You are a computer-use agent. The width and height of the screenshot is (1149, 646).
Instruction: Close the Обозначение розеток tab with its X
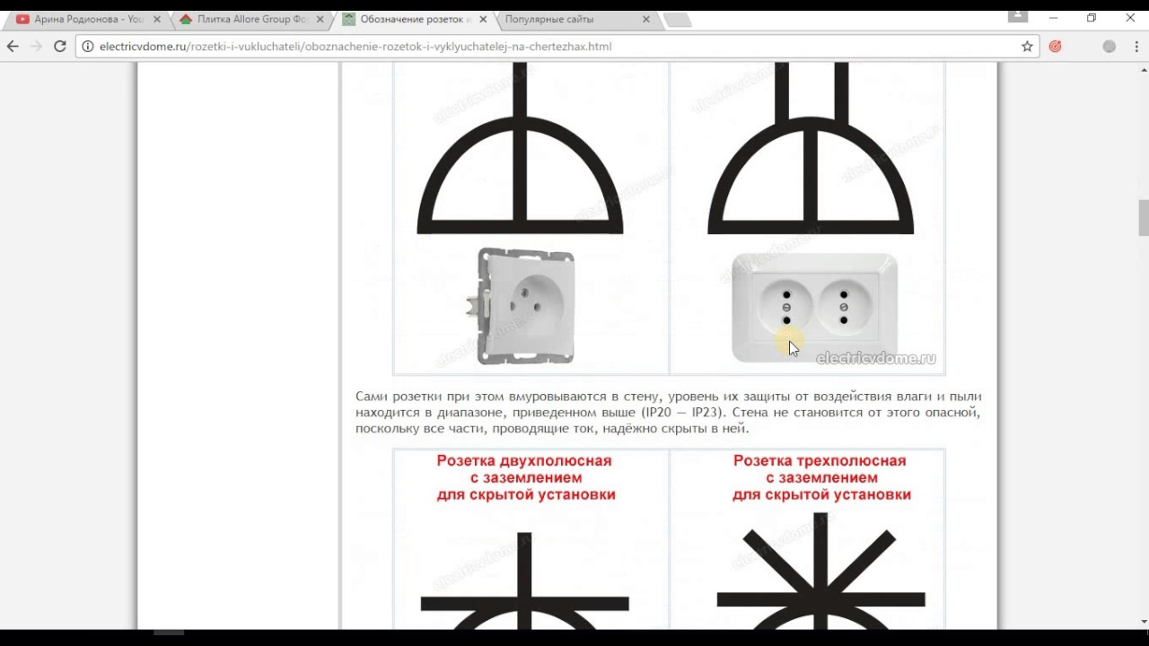click(x=483, y=20)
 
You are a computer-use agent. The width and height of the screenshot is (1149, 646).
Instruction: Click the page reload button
click(x=59, y=47)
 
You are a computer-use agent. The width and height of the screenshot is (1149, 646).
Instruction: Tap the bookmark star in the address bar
click(x=1027, y=47)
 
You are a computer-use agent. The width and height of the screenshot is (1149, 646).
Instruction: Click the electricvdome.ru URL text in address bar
click(x=355, y=47)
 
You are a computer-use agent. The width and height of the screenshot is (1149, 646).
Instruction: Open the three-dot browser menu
click(x=1136, y=47)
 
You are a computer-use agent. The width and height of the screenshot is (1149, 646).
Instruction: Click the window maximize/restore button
click(x=1092, y=18)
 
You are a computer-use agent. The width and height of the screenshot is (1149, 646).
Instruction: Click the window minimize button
click(x=1054, y=18)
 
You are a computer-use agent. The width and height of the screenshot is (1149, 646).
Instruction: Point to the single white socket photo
click(x=521, y=307)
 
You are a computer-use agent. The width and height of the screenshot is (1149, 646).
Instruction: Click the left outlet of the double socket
click(x=786, y=308)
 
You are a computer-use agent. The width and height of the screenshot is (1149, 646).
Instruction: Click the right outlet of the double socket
click(x=844, y=308)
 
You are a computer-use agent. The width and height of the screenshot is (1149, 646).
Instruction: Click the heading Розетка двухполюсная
click(x=524, y=461)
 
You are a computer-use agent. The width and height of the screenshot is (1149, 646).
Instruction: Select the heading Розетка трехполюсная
click(x=820, y=461)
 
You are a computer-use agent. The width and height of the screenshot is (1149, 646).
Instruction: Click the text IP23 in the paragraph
click(x=706, y=413)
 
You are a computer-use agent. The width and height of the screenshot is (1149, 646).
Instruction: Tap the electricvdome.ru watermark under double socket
click(x=876, y=358)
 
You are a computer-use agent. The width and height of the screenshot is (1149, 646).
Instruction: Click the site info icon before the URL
click(x=88, y=47)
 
